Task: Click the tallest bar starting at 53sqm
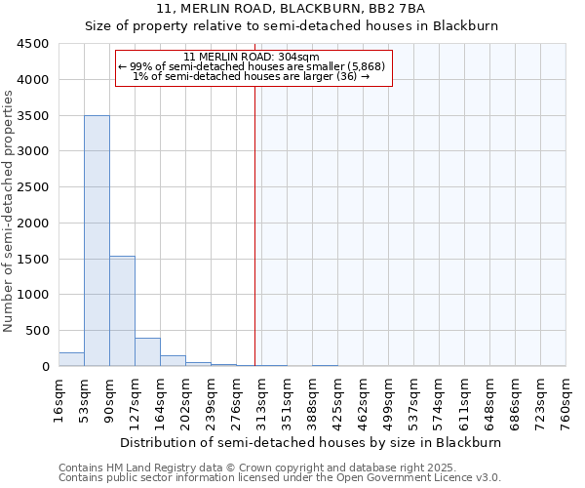(x=97, y=241)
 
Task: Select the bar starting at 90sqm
(x=122, y=311)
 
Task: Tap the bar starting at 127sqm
(x=147, y=352)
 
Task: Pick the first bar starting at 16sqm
(x=71, y=359)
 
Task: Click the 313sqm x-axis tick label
(x=262, y=401)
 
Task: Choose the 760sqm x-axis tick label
(x=566, y=401)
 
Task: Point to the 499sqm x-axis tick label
(x=389, y=401)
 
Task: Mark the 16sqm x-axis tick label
(x=59, y=401)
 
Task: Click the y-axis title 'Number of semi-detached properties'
(x=10, y=211)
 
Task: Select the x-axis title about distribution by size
(x=312, y=442)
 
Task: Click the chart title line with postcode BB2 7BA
(x=292, y=9)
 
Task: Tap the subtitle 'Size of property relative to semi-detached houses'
(x=292, y=26)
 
